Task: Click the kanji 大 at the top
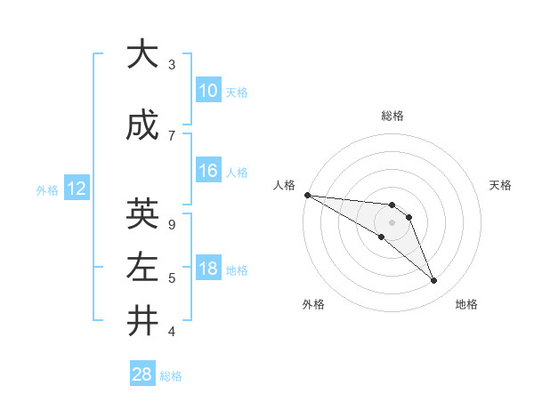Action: pyautogui.click(x=142, y=55)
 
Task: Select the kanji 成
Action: pyautogui.click(x=142, y=127)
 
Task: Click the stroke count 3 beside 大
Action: pyautogui.click(x=172, y=65)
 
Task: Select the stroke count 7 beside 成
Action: pyautogui.click(x=172, y=135)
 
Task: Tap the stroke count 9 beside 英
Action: pyautogui.click(x=172, y=224)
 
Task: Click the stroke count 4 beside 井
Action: pyautogui.click(x=172, y=332)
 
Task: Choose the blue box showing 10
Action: pyautogui.click(x=207, y=91)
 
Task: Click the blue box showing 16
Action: pyautogui.click(x=207, y=172)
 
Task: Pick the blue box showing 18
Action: pyautogui.click(x=207, y=269)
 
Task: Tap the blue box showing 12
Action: pyautogui.click(x=76, y=189)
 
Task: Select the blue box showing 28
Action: pyautogui.click(x=142, y=374)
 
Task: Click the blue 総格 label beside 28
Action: pyautogui.click(x=171, y=376)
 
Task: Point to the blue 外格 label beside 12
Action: pyautogui.click(x=47, y=190)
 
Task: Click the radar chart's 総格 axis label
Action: pyautogui.click(x=392, y=116)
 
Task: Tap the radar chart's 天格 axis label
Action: pyautogui.click(x=501, y=185)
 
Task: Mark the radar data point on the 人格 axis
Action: pyautogui.click(x=306, y=194)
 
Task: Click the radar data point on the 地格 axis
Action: pyautogui.click(x=433, y=281)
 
